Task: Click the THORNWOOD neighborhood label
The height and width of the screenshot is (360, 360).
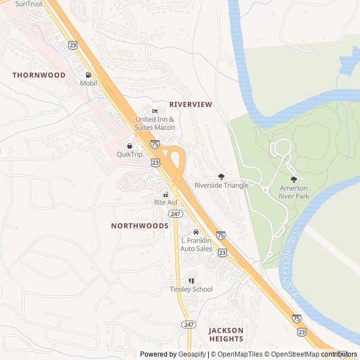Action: coord(39,75)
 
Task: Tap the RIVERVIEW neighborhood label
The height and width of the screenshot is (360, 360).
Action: coord(191,105)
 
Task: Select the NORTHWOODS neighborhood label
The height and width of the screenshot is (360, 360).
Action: coord(139,226)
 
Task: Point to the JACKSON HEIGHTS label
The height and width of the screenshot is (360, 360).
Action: coord(226,335)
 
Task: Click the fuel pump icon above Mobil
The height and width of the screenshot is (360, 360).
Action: coord(88,75)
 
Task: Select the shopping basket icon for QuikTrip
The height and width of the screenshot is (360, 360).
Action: coord(129,146)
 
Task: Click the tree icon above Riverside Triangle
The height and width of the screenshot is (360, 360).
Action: coord(221,177)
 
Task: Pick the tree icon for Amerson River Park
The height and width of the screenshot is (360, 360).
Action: coord(294,179)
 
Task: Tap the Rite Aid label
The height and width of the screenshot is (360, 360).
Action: coord(165,202)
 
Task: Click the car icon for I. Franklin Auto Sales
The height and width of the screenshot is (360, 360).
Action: coord(196,232)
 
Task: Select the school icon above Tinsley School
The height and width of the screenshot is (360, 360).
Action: coord(191,281)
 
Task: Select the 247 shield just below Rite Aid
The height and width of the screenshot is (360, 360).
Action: coord(176,214)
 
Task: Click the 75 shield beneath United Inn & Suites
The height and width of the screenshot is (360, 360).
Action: coord(154,145)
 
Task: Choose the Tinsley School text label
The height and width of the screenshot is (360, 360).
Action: coord(191,290)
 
